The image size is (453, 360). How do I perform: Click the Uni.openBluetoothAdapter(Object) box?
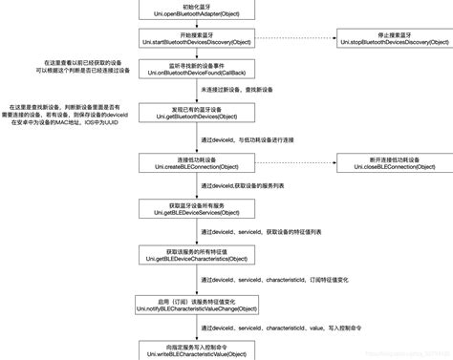tap(198, 12)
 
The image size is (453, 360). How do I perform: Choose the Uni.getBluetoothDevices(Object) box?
tap(198, 114)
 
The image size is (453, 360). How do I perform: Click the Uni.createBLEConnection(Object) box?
tap(198, 162)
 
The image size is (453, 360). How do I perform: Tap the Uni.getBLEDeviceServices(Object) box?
tap(198, 210)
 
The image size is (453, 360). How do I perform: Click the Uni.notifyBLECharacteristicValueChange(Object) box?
tap(198, 305)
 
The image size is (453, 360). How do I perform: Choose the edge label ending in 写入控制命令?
tap(291, 328)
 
